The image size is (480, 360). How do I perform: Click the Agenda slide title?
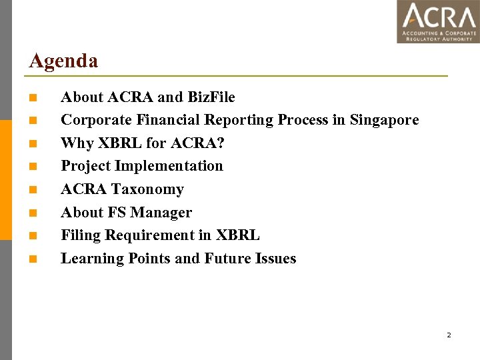63,61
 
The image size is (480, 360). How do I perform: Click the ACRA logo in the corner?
438,21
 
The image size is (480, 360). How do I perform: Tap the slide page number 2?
449,335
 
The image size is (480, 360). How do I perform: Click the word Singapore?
384,120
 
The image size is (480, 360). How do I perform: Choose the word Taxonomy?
147,189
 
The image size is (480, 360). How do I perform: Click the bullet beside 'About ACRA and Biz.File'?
33,98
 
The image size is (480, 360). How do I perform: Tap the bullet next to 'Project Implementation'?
33,167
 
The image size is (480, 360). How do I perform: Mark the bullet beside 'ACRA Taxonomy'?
33,190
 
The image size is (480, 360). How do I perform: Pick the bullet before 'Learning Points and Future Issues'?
33,259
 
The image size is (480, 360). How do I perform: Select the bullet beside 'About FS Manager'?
33,213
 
